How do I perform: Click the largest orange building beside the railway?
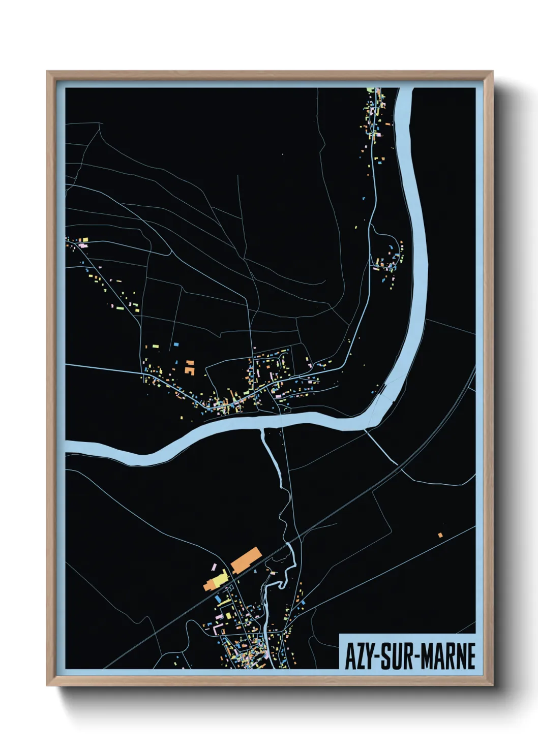[246, 559]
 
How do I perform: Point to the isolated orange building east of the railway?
[440, 535]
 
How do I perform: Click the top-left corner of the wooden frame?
[47, 72]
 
